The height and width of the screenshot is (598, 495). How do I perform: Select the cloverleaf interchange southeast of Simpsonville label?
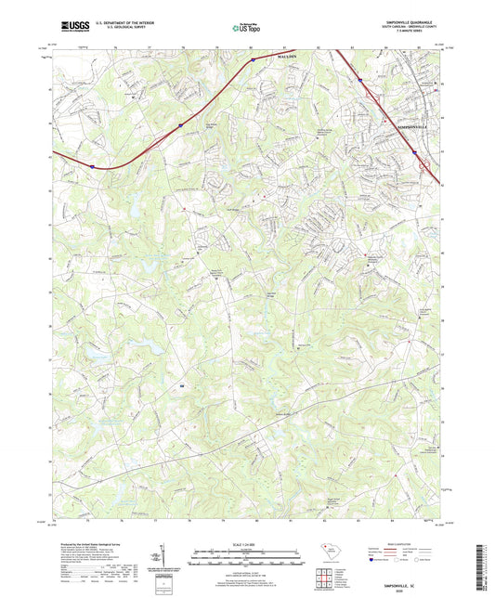click(425, 166)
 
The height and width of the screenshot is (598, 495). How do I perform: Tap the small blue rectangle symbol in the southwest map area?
click(183, 383)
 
